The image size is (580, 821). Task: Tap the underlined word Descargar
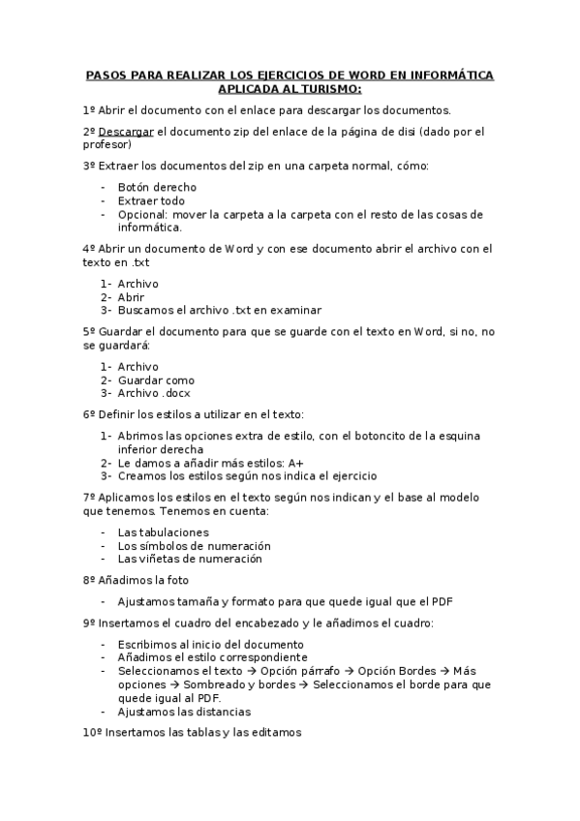coord(126,132)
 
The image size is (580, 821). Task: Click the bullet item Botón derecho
coord(157,187)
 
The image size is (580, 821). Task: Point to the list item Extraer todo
coord(151,200)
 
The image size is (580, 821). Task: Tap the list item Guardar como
coord(156,380)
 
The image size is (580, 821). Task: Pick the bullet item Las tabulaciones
coord(163,532)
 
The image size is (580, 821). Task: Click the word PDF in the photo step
coord(443,601)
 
